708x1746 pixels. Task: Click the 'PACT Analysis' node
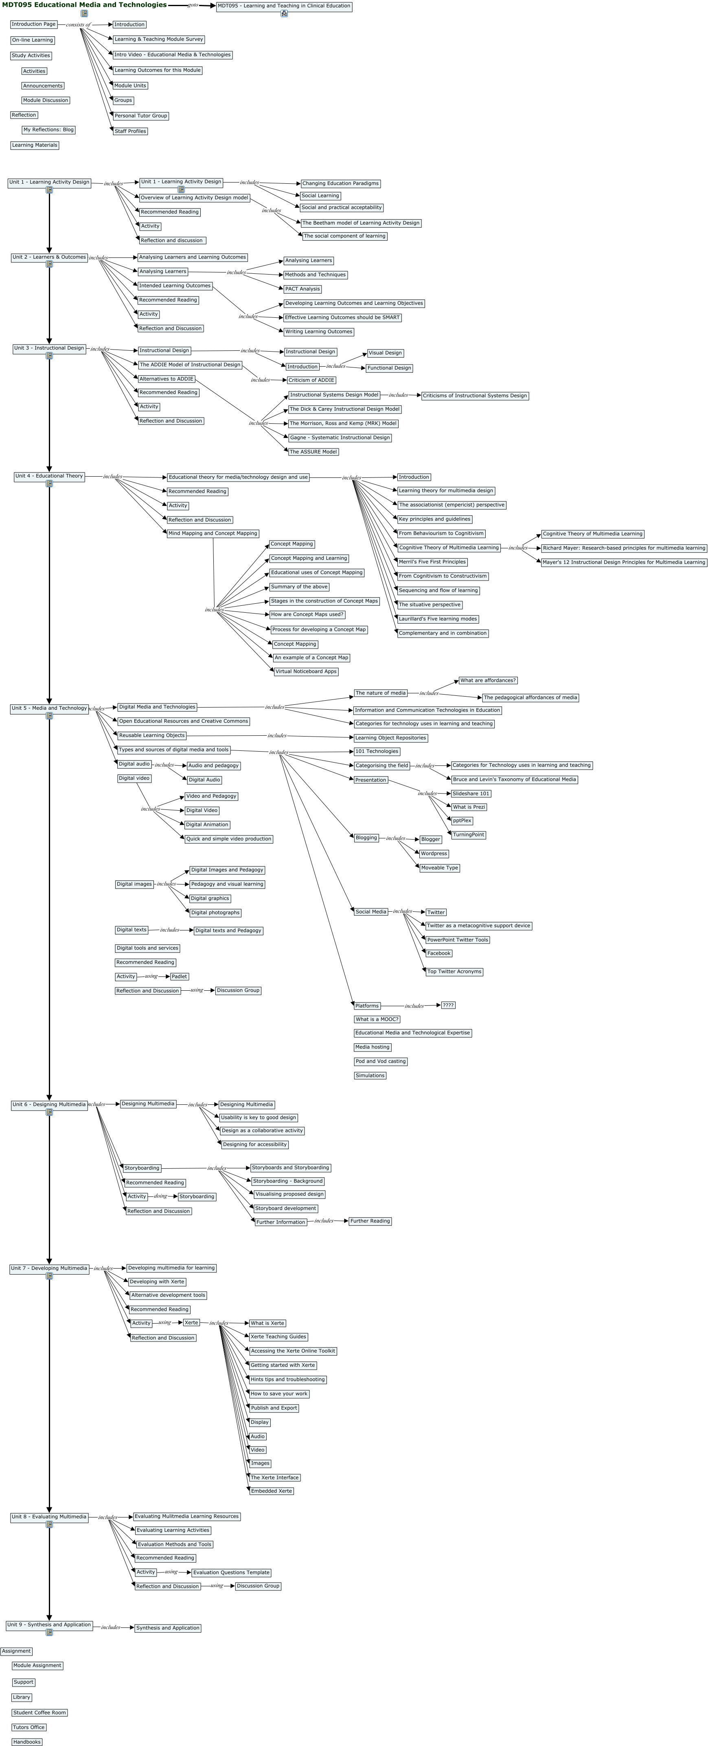click(x=302, y=289)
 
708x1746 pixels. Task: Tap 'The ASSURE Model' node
click(x=313, y=451)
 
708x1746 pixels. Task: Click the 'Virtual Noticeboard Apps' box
click(x=306, y=672)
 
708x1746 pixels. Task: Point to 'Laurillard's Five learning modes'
click(x=438, y=619)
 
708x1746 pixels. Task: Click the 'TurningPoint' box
click(x=468, y=835)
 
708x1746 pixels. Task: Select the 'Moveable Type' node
click(x=439, y=868)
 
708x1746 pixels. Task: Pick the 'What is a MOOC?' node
click(x=377, y=1019)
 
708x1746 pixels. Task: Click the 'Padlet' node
click(x=180, y=977)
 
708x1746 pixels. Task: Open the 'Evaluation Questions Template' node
click(x=231, y=1572)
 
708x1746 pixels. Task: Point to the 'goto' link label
click(x=193, y=5)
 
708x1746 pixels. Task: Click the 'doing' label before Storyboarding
click(x=160, y=1196)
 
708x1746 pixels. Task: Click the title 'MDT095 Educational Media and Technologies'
click(x=84, y=5)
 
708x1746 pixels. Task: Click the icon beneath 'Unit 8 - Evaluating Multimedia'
click(x=49, y=1524)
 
